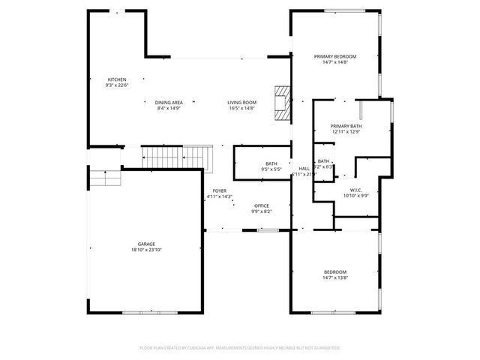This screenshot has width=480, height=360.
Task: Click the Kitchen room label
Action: click(x=116, y=79)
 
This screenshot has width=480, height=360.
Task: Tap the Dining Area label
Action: click(x=169, y=103)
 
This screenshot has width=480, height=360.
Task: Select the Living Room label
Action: click(x=242, y=103)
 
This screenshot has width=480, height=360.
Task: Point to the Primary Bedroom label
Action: click(x=335, y=56)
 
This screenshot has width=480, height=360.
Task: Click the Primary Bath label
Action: click(x=346, y=126)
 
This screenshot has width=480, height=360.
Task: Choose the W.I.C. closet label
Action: click(x=356, y=190)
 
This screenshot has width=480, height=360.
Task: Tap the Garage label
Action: click(x=145, y=245)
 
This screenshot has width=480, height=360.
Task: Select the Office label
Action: click(x=261, y=205)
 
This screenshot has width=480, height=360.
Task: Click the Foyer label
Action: click(x=219, y=191)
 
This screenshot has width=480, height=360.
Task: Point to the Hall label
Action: click(x=304, y=169)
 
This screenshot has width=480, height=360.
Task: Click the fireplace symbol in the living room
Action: click(x=282, y=103)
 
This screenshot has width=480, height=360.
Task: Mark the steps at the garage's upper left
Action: click(x=104, y=178)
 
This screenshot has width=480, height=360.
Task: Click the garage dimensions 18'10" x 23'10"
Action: click(x=145, y=250)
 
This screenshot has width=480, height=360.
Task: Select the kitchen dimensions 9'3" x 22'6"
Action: click(x=117, y=85)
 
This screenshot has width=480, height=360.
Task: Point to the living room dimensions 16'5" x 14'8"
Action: click(x=242, y=108)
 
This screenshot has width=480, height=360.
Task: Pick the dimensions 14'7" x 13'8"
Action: click(x=335, y=277)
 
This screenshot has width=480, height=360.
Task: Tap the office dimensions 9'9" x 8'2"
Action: click(x=261, y=211)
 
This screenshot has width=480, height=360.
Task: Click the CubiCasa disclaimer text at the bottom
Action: click(x=240, y=348)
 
